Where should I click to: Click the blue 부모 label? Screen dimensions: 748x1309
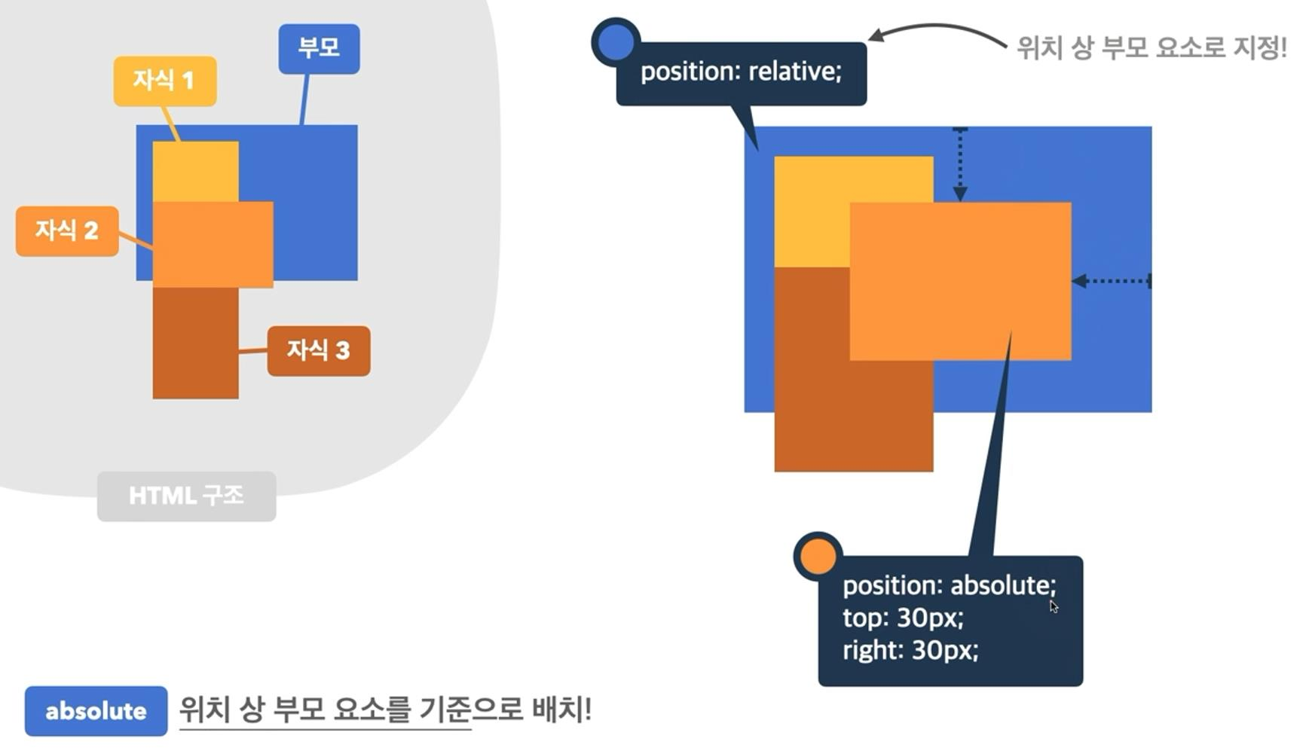[319, 48]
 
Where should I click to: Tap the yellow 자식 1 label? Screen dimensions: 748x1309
[165, 81]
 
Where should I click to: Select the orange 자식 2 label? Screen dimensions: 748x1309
[67, 231]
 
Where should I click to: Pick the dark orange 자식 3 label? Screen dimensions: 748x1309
[319, 350]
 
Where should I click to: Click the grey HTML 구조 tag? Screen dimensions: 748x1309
[186, 496]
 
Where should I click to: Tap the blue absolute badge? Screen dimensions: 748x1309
[96, 710]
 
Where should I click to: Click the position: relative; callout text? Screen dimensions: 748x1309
[741, 72]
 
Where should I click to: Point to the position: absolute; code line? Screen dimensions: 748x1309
[949, 585]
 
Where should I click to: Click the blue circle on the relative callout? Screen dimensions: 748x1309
[616, 41]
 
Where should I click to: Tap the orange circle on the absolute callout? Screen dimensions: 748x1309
[818, 557]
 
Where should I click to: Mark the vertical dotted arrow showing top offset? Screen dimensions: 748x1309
[959, 164]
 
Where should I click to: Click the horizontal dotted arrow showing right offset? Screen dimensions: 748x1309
[1112, 281]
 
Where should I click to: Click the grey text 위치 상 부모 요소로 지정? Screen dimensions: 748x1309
[1151, 48]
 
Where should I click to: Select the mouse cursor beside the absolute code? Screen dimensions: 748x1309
[1054, 606]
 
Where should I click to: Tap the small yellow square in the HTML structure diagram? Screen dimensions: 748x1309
[195, 171]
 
